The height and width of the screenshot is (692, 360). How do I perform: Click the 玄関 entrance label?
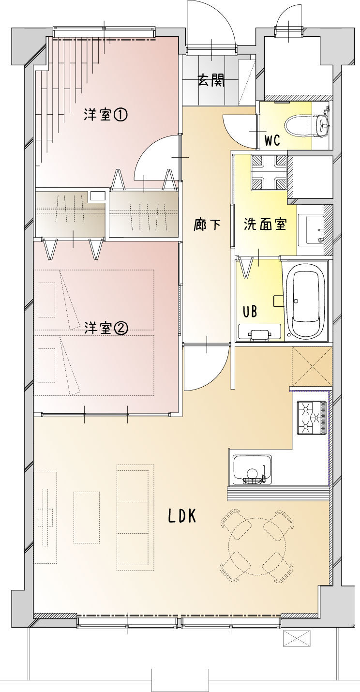211,81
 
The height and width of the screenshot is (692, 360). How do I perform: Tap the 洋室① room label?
105,115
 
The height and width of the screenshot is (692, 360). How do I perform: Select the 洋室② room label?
105,329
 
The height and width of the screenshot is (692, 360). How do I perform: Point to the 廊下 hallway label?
207,224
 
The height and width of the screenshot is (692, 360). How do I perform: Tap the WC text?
272,140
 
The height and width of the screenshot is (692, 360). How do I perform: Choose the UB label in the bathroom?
250,312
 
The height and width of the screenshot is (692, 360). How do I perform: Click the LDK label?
182,516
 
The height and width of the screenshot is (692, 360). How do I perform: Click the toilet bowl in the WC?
306,126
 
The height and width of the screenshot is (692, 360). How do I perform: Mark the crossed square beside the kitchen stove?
312,366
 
